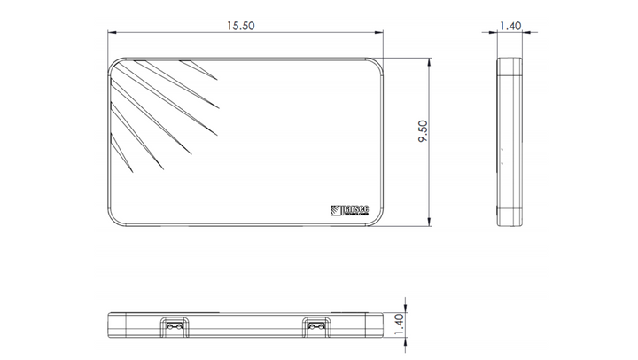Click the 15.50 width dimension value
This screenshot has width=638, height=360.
click(240, 27)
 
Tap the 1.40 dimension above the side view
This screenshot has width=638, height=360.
click(510, 27)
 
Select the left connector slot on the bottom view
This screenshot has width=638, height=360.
click(175, 326)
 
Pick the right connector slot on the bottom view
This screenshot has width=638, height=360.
click(316, 326)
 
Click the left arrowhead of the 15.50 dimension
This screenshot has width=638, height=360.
click(113, 34)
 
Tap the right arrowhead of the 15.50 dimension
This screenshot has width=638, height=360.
click(381, 34)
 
